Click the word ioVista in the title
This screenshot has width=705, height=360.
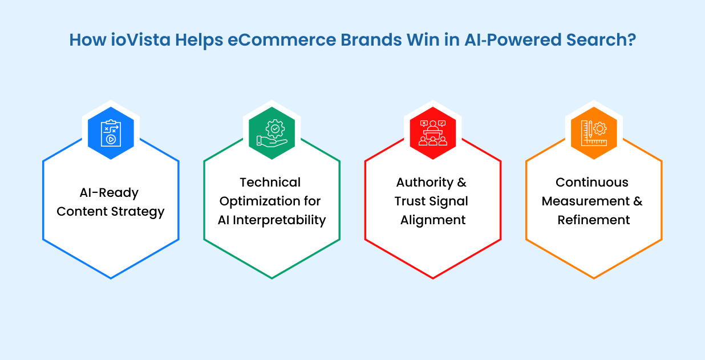(x=140, y=40)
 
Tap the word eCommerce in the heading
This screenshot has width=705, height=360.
(x=282, y=40)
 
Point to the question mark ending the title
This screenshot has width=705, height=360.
(x=631, y=40)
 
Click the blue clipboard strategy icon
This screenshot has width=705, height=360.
(x=111, y=133)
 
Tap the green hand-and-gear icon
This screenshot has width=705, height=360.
(x=272, y=133)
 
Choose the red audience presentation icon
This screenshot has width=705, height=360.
(x=433, y=133)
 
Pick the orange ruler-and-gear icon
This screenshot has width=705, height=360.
(x=594, y=133)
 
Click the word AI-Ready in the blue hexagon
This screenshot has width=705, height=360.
(x=109, y=193)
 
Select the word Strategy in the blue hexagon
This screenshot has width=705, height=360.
(x=137, y=212)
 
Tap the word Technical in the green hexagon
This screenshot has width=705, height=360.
(x=270, y=183)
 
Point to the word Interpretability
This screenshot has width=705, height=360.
(x=279, y=220)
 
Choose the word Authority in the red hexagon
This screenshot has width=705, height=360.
(x=424, y=183)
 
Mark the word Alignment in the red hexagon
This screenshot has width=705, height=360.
(x=433, y=220)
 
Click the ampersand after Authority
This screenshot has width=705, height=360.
(x=461, y=183)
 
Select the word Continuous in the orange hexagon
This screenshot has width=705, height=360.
(x=592, y=183)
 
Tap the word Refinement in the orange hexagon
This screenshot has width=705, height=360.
(x=594, y=220)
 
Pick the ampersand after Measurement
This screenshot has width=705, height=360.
(x=638, y=201)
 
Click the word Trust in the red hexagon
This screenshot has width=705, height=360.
(x=410, y=201)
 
